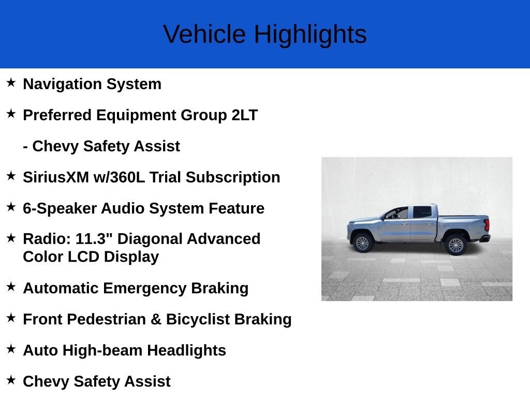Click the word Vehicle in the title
coord(204,34)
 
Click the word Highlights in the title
coord(311,35)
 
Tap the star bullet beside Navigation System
coord(11,82)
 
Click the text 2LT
coord(244,115)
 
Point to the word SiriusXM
coord(56,177)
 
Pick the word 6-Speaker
coord(60,208)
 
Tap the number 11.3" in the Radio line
coord(94,238)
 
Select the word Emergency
coord(145,289)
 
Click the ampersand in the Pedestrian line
coord(156,319)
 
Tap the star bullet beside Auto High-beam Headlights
coord(11,349)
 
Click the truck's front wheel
coord(362,243)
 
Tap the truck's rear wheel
coord(455,245)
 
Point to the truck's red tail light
coord(487,225)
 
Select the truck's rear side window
coord(422,212)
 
